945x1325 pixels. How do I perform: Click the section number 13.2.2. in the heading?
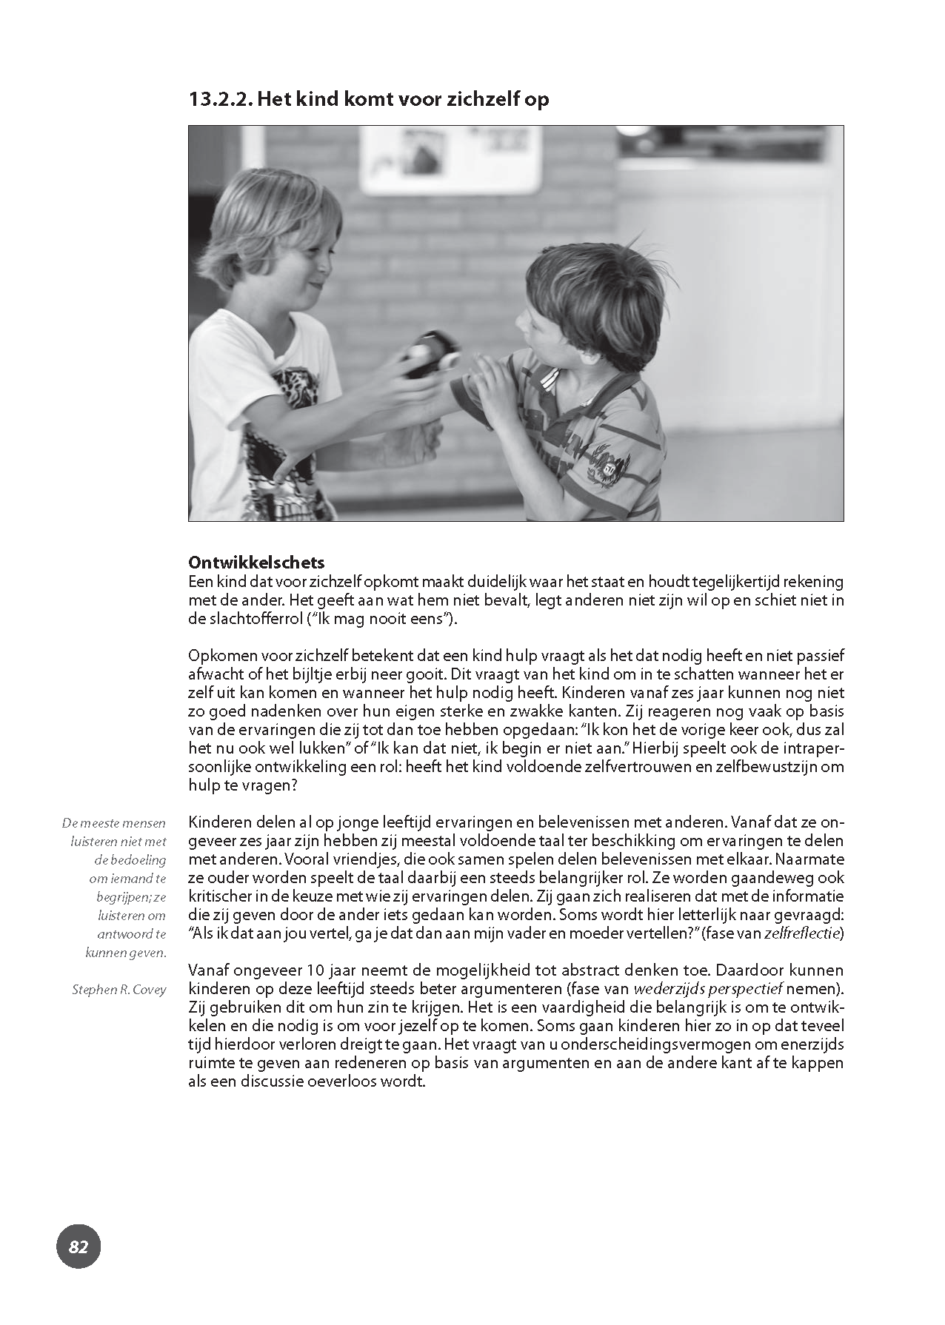point(220,99)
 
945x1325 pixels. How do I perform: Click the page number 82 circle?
point(78,1247)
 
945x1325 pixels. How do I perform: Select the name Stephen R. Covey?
point(119,990)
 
